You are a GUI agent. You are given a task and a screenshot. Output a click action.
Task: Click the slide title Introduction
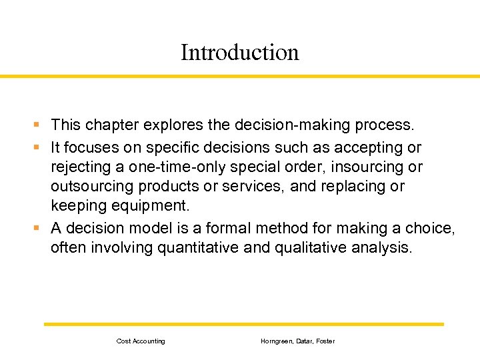pyautogui.click(x=240, y=53)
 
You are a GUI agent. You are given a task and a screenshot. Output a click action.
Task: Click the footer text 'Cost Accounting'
pyautogui.click(x=141, y=341)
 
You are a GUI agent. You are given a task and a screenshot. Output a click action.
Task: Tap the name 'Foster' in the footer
pyautogui.click(x=325, y=341)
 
